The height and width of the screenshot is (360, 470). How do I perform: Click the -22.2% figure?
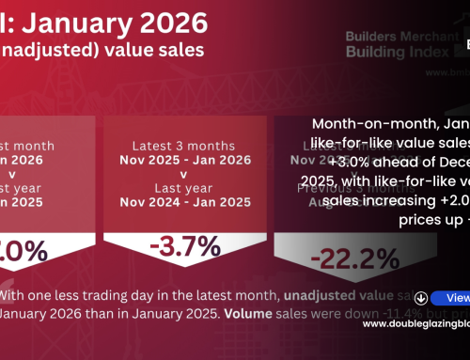click(x=335, y=281)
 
